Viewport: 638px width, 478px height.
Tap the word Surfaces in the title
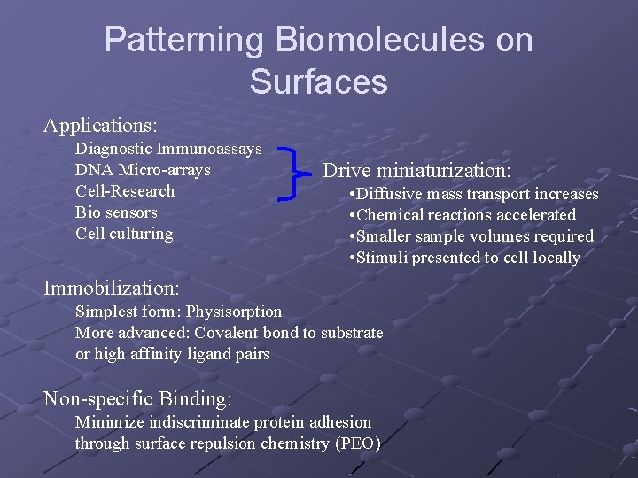tap(318, 81)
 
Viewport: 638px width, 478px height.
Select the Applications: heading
tap(100, 125)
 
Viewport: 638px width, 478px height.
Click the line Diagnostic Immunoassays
tap(168, 149)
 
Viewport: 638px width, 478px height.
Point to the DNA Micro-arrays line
tap(143, 170)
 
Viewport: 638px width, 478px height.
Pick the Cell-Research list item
tap(125, 191)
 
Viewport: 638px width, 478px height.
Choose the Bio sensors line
tap(116, 212)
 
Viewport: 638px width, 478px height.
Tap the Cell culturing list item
tap(124, 234)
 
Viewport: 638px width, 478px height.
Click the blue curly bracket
tap(288, 173)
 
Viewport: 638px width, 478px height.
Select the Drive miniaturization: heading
tap(416, 170)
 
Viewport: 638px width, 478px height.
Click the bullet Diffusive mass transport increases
tap(474, 194)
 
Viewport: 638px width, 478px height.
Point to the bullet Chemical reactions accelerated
tap(463, 215)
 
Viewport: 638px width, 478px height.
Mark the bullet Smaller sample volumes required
tap(471, 236)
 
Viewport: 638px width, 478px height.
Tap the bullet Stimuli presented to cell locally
tap(465, 258)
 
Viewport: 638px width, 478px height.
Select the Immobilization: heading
tap(112, 288)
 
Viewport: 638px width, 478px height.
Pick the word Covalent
tap(225, 333)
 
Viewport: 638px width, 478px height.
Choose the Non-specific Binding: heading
tap(137, 398)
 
